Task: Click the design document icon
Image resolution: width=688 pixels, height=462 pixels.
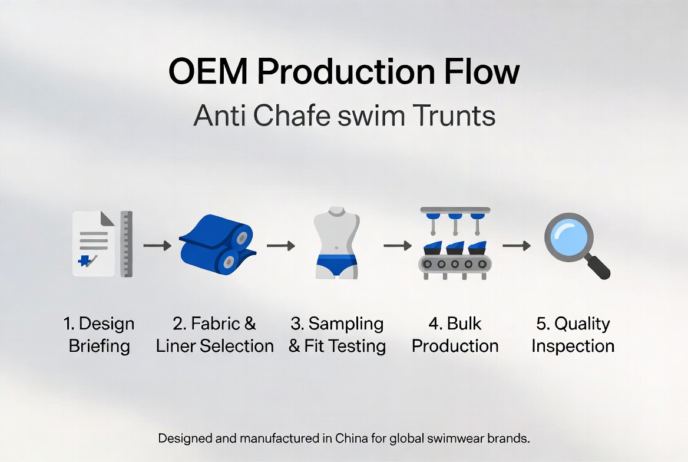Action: click(x=93, y=244)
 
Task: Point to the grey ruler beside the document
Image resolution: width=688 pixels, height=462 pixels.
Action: click(x=126, y=244)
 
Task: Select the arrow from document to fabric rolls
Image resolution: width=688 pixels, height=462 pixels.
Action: click(x=157, y=245)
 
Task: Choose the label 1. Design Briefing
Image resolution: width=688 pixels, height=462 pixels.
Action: click(x=99, y=334)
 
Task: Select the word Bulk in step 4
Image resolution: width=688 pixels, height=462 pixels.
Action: click(x=464, y=324)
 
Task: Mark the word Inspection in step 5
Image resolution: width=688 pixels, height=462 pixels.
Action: click(x=573, y=345)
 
